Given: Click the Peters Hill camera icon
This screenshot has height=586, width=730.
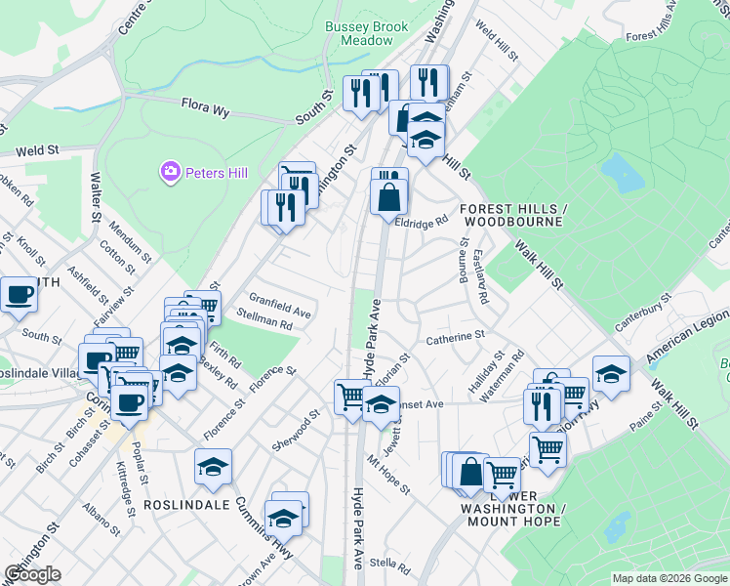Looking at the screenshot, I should coord(171,173).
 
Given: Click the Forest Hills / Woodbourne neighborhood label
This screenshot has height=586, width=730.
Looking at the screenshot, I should coord(511,215).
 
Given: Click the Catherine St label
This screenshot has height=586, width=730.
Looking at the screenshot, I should coord(455,336).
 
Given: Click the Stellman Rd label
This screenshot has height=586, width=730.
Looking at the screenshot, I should coord(264,317).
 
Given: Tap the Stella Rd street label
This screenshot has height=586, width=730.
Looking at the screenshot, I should coord(390,565).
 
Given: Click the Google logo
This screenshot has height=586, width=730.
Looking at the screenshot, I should coord(32,574).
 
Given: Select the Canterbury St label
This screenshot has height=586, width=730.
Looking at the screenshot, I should coord(644,311).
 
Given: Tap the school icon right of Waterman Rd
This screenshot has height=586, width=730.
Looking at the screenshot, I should coord(611,374).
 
